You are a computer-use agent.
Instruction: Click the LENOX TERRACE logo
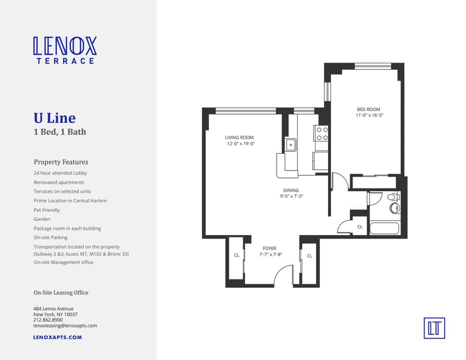click(x=65, y=50)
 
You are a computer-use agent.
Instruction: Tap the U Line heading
click(x=54, y=118)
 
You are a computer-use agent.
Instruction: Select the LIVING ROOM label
click(x=239, y=138)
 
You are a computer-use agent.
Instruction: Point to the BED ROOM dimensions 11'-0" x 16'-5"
click(x=370, y=115)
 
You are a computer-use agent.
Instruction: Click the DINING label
click(x=291, y=190)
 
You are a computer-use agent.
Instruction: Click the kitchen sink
click(x=291, y=145)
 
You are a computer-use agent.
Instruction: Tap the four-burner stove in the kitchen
click(x=322, y=133)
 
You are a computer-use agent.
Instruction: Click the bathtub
click(x=384, y=229)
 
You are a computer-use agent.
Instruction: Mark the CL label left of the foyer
click(x=237, y=255)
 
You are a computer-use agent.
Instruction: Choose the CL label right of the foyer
click(x=309, y=255)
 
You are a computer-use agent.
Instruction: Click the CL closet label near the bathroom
click(x=360, y=226)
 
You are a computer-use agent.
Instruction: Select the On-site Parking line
click(x=51, y=238)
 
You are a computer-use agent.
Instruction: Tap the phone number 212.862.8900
click(x=48, y=320)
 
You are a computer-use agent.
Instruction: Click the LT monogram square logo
click(x=434, y=328)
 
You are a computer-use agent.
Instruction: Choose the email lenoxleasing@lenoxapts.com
click(x=65, y=325)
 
